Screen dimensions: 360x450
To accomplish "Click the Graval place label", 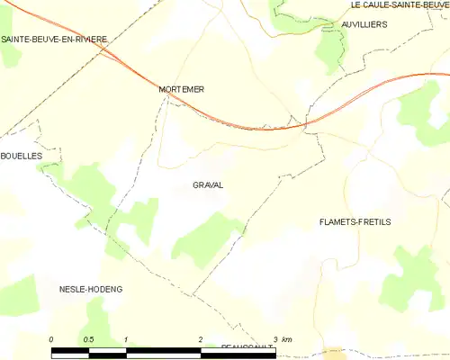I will click(208, 185).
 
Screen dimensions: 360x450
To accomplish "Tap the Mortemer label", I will click(181, 89).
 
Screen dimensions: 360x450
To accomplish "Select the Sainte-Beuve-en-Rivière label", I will click(54, 39).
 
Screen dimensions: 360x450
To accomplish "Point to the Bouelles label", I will click(22, 156).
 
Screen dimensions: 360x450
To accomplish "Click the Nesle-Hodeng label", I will click(90, 289).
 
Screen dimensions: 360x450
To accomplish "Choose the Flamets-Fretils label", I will click(355, 221).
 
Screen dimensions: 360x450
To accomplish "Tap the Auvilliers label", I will click(364, 24).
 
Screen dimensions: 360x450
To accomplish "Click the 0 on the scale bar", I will click(51, 338).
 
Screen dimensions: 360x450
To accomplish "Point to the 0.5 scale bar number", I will click(88, 338).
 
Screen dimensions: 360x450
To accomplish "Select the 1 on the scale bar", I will click(126, 338).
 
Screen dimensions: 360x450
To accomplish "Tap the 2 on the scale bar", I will click(200, 338).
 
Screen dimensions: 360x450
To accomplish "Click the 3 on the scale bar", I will click(274, 338).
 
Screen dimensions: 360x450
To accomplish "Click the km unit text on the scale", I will click(286, 338).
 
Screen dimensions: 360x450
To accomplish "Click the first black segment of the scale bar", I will click(69, 348).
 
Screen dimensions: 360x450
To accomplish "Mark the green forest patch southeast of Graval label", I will click(205, 238).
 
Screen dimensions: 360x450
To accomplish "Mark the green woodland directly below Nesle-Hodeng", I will click(99, 319).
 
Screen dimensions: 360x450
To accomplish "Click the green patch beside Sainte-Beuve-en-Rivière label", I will click(11, 54).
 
